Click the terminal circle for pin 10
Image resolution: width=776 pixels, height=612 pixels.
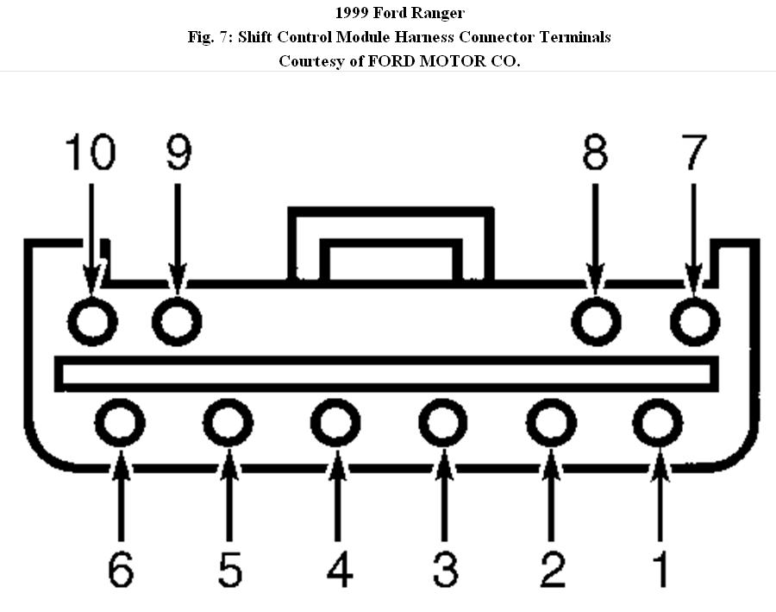[x=92, y=321]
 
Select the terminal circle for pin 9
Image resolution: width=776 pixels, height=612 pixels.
[x=177, y=321]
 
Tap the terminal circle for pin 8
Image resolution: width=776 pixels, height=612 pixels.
[x=597, y=321]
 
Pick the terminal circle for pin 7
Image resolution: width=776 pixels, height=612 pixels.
[x=694, y=321]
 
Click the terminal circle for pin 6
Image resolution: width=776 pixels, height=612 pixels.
[x=120, y=423]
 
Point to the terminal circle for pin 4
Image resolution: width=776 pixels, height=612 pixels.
[x=335, y=423]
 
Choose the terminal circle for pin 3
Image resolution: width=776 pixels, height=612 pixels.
[x=443, y=423]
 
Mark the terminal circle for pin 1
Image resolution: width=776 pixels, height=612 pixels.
[x=659, y=423]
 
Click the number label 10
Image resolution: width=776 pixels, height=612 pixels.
[x=90, y=154]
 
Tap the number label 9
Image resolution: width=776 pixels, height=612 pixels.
[x=178, y=154]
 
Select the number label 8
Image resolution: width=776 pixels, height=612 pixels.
[x=595, y=154]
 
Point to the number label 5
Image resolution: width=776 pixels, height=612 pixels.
[x=228, y=569]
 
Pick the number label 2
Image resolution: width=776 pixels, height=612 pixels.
[x=552, y=569]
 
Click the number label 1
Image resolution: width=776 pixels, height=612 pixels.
[x=660, y=569]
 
